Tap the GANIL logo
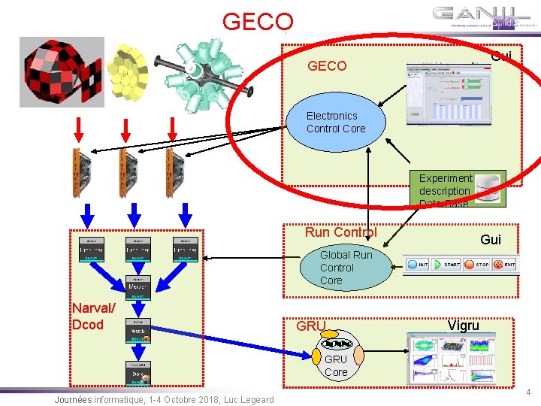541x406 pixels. pos(486,17)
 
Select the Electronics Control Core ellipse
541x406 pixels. pos(336,122)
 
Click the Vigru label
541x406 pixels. pos(463,326)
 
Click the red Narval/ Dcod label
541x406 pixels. pos(93,316)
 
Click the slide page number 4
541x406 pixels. pos(528,392)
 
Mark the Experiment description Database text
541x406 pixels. pos(445,191)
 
